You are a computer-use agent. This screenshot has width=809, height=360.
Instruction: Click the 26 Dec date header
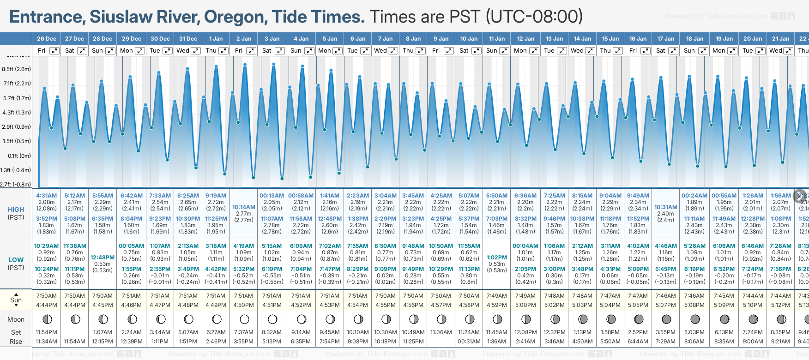click(x=47, y=39)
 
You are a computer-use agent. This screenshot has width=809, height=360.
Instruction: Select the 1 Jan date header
click(x=216, y=39)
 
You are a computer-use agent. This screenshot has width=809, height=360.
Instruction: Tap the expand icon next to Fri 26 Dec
click(x=54, y=51)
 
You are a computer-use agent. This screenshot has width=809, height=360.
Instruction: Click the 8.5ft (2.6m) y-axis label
click(x=16, y=69)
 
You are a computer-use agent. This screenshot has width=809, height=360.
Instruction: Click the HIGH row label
click(x=16, y=210)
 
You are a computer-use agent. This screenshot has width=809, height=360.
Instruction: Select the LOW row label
click(x=16, y=260)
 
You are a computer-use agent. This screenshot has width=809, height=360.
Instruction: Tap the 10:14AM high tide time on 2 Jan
click(x=243, y=207)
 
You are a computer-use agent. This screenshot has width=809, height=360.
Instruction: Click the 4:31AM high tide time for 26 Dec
click(x=47, y=196)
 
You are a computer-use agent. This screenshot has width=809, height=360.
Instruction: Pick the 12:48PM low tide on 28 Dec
click(x=103, y=258)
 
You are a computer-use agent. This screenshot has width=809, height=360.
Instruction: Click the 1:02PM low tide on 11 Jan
click(x=497, y=258)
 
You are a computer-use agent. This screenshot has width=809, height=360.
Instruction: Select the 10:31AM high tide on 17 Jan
click(x=666, y=207)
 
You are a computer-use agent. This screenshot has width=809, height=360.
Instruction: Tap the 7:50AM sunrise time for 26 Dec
click(x=47, y=296)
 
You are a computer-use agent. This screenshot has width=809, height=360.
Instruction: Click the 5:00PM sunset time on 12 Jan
click(x=525, y=305)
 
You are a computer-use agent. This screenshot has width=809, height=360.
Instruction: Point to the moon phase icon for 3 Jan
click(x=272, y=319)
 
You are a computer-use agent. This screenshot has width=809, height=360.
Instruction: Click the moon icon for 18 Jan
click(x=695, y=319)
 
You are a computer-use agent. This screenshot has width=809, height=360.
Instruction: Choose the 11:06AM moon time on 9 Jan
click(x=441, y=332)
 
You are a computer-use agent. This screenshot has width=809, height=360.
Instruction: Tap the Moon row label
click(x=16, y=319)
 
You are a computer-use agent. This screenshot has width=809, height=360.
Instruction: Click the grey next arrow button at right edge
click(x=800, y=196)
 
